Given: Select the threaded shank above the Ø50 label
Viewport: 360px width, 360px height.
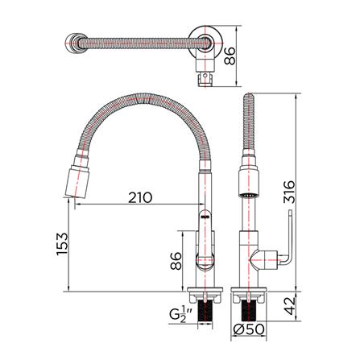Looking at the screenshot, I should point(248,308).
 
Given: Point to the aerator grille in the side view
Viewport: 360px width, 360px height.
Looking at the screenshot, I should point(248,196).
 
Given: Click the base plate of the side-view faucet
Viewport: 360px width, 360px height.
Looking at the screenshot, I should point(248,289).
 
